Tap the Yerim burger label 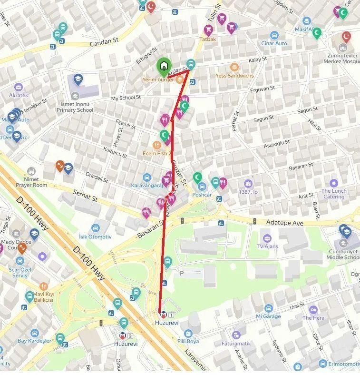(x=158, y=79)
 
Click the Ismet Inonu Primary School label (x=75, y=107)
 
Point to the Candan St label (x=104, y=42)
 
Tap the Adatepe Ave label (x=284, y=222)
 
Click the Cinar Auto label (x=274, y=43)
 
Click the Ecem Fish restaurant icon (x=156, y=145)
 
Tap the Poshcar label (x=202, y=195)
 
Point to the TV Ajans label (x=266, y=246)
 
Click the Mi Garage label (x=268, y=316)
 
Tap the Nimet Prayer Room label (x=31, y=182)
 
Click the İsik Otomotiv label (x=95, y=237)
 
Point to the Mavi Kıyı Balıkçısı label (x=44, y=297)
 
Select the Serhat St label (x=85, y=195)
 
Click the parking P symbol (x=182, y=273)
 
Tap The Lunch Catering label (x=334, y=194)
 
